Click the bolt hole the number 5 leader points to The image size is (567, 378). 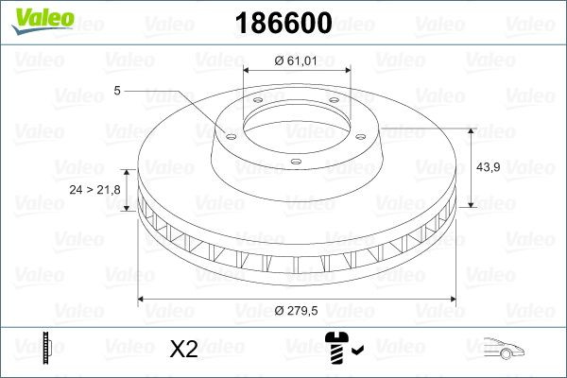pos(229,132)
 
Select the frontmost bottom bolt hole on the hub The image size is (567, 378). pos(296,162)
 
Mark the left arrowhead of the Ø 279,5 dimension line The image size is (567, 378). pos(143,300)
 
